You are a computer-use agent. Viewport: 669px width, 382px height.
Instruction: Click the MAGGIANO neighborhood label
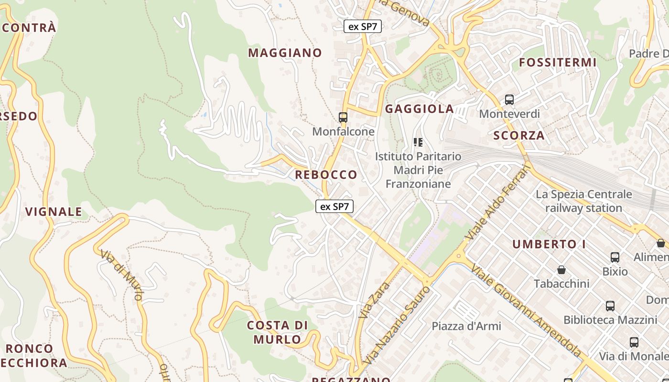tap(285, 53)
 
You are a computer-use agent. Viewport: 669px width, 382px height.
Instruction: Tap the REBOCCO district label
tap(326, 175)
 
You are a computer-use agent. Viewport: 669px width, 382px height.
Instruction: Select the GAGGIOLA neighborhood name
tap(419, 109)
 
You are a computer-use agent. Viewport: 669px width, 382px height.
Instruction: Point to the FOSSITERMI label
tap(558, 63)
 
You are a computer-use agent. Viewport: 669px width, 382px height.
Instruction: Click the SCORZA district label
tap(518, 136)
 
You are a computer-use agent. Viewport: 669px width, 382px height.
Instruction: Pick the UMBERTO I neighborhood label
tap(549, 244)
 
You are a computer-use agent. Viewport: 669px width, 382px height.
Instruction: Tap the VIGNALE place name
tap(54, 212)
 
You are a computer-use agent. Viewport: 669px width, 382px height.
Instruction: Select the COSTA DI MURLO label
tap(277, 332)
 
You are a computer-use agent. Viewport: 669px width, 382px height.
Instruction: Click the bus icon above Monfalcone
tap(343, 117)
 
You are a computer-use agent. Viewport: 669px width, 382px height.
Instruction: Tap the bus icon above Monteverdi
tap(509, 100)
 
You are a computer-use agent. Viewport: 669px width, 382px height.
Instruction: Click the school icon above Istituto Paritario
tap(418, 142)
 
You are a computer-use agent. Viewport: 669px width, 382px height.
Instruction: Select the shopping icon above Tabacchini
tap(561, 270)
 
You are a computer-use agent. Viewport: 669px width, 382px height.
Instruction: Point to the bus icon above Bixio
tap(615, 257)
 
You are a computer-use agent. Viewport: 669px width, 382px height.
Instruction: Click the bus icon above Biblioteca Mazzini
tap(610, 306)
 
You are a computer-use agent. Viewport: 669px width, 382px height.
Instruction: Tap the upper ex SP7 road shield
tap(363, 26)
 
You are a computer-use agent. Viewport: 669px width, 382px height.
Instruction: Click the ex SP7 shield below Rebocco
tap(334, 207)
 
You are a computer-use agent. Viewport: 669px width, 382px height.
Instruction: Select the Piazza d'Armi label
tap(466, 326)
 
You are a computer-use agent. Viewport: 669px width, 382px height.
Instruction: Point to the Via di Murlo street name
tap(121, 275)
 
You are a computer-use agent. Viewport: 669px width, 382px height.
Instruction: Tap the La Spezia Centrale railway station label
tap(583, 201)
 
